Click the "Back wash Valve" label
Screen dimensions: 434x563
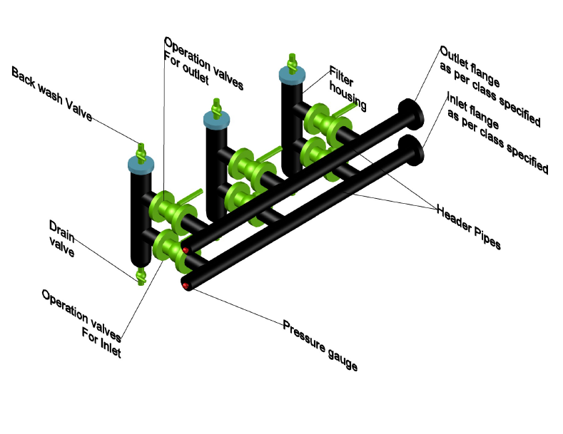51,93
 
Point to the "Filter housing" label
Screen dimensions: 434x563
348,88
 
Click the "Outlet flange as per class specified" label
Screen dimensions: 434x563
490,86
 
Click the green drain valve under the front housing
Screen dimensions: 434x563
141,274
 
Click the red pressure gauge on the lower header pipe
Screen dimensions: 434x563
186,286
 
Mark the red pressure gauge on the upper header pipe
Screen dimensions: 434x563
186,250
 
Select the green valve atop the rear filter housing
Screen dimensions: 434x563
292,61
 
